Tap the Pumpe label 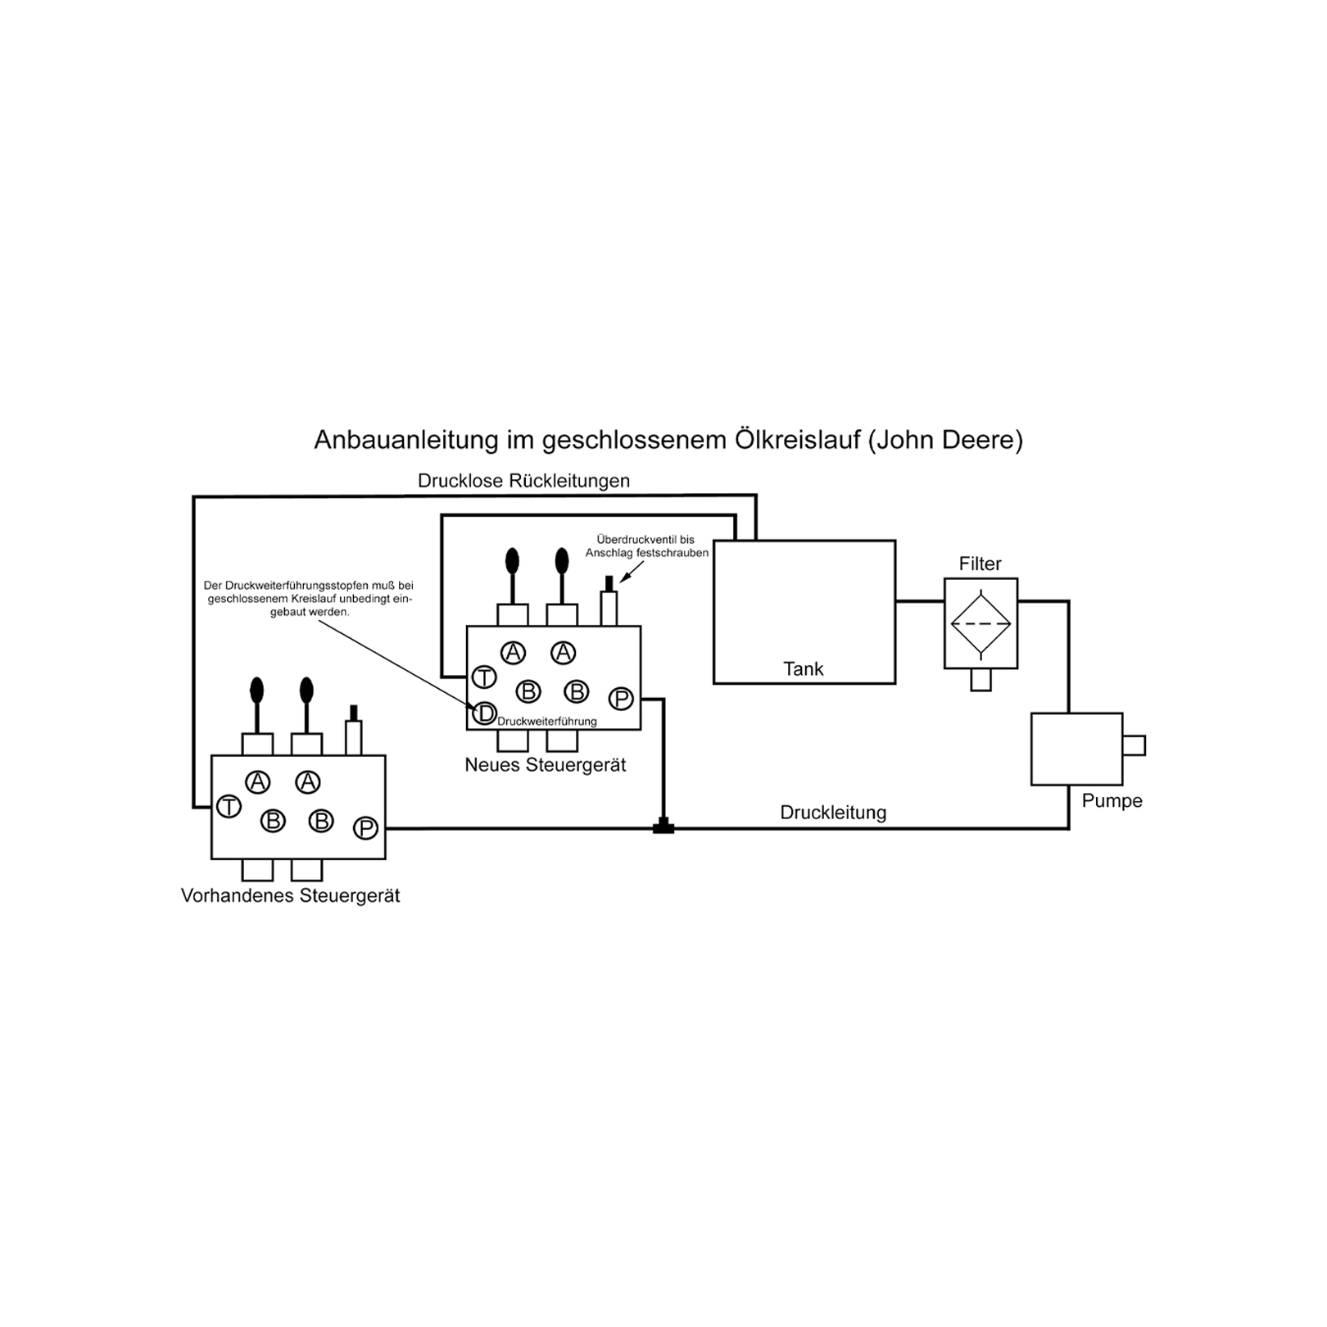1112,800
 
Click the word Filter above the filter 980,564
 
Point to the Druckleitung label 833,813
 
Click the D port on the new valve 485,713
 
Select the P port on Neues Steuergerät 621,699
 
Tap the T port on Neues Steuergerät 484,677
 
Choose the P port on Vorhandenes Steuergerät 365,828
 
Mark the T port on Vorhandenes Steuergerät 229,807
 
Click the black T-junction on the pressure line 663,827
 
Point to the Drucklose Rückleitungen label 523,481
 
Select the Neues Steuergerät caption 546,765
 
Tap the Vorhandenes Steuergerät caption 291,895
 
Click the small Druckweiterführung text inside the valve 547,722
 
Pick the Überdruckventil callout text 646,546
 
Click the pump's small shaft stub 1134,745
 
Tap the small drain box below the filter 981,680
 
